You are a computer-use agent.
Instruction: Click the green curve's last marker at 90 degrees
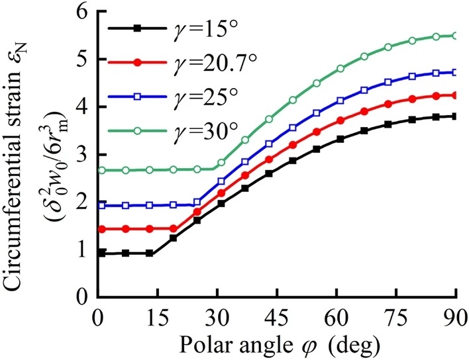pos(456,36)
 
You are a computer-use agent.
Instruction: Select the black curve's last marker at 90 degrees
pos(456,116)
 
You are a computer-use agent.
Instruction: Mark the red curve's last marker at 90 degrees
pos(456,95)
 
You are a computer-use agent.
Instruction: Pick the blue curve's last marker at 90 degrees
pos(456,73)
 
